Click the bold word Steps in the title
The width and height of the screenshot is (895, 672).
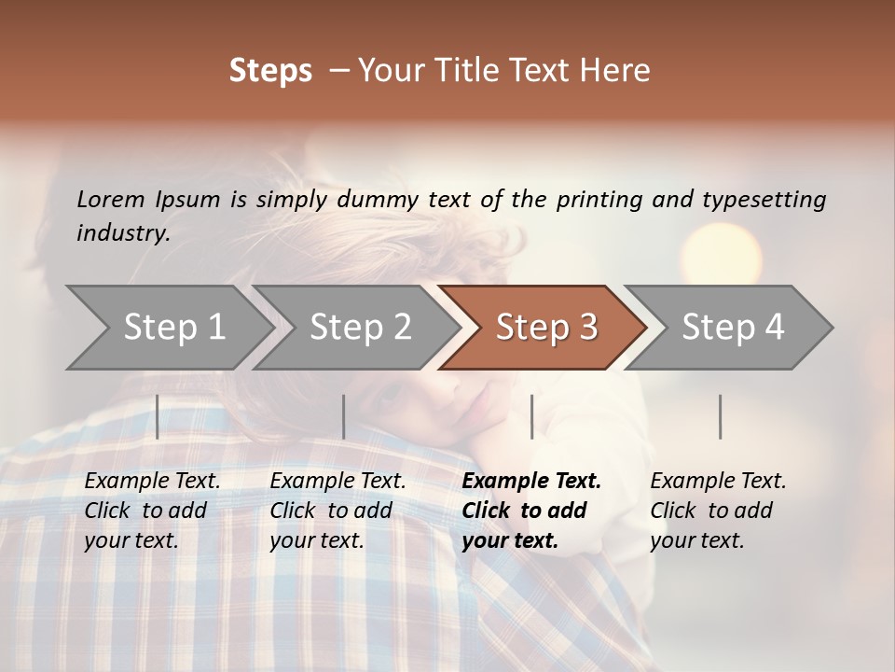coord(270,71)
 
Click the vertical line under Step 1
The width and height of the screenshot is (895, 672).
coord(158,416)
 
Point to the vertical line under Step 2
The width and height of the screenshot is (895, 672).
coord(344,416)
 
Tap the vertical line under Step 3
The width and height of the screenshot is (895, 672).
coord(531,416)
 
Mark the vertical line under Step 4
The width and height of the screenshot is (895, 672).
coord(720,416)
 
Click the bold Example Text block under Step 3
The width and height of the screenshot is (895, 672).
coord(531,511)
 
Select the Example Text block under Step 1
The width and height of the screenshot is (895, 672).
coord(152,511)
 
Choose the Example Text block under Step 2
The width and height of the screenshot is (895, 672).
coord(337,511)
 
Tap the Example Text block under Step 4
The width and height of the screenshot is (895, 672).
coord(718,511)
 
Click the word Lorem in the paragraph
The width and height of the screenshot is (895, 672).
coord(110,199)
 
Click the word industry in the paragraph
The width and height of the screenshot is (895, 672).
coord(123,232)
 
